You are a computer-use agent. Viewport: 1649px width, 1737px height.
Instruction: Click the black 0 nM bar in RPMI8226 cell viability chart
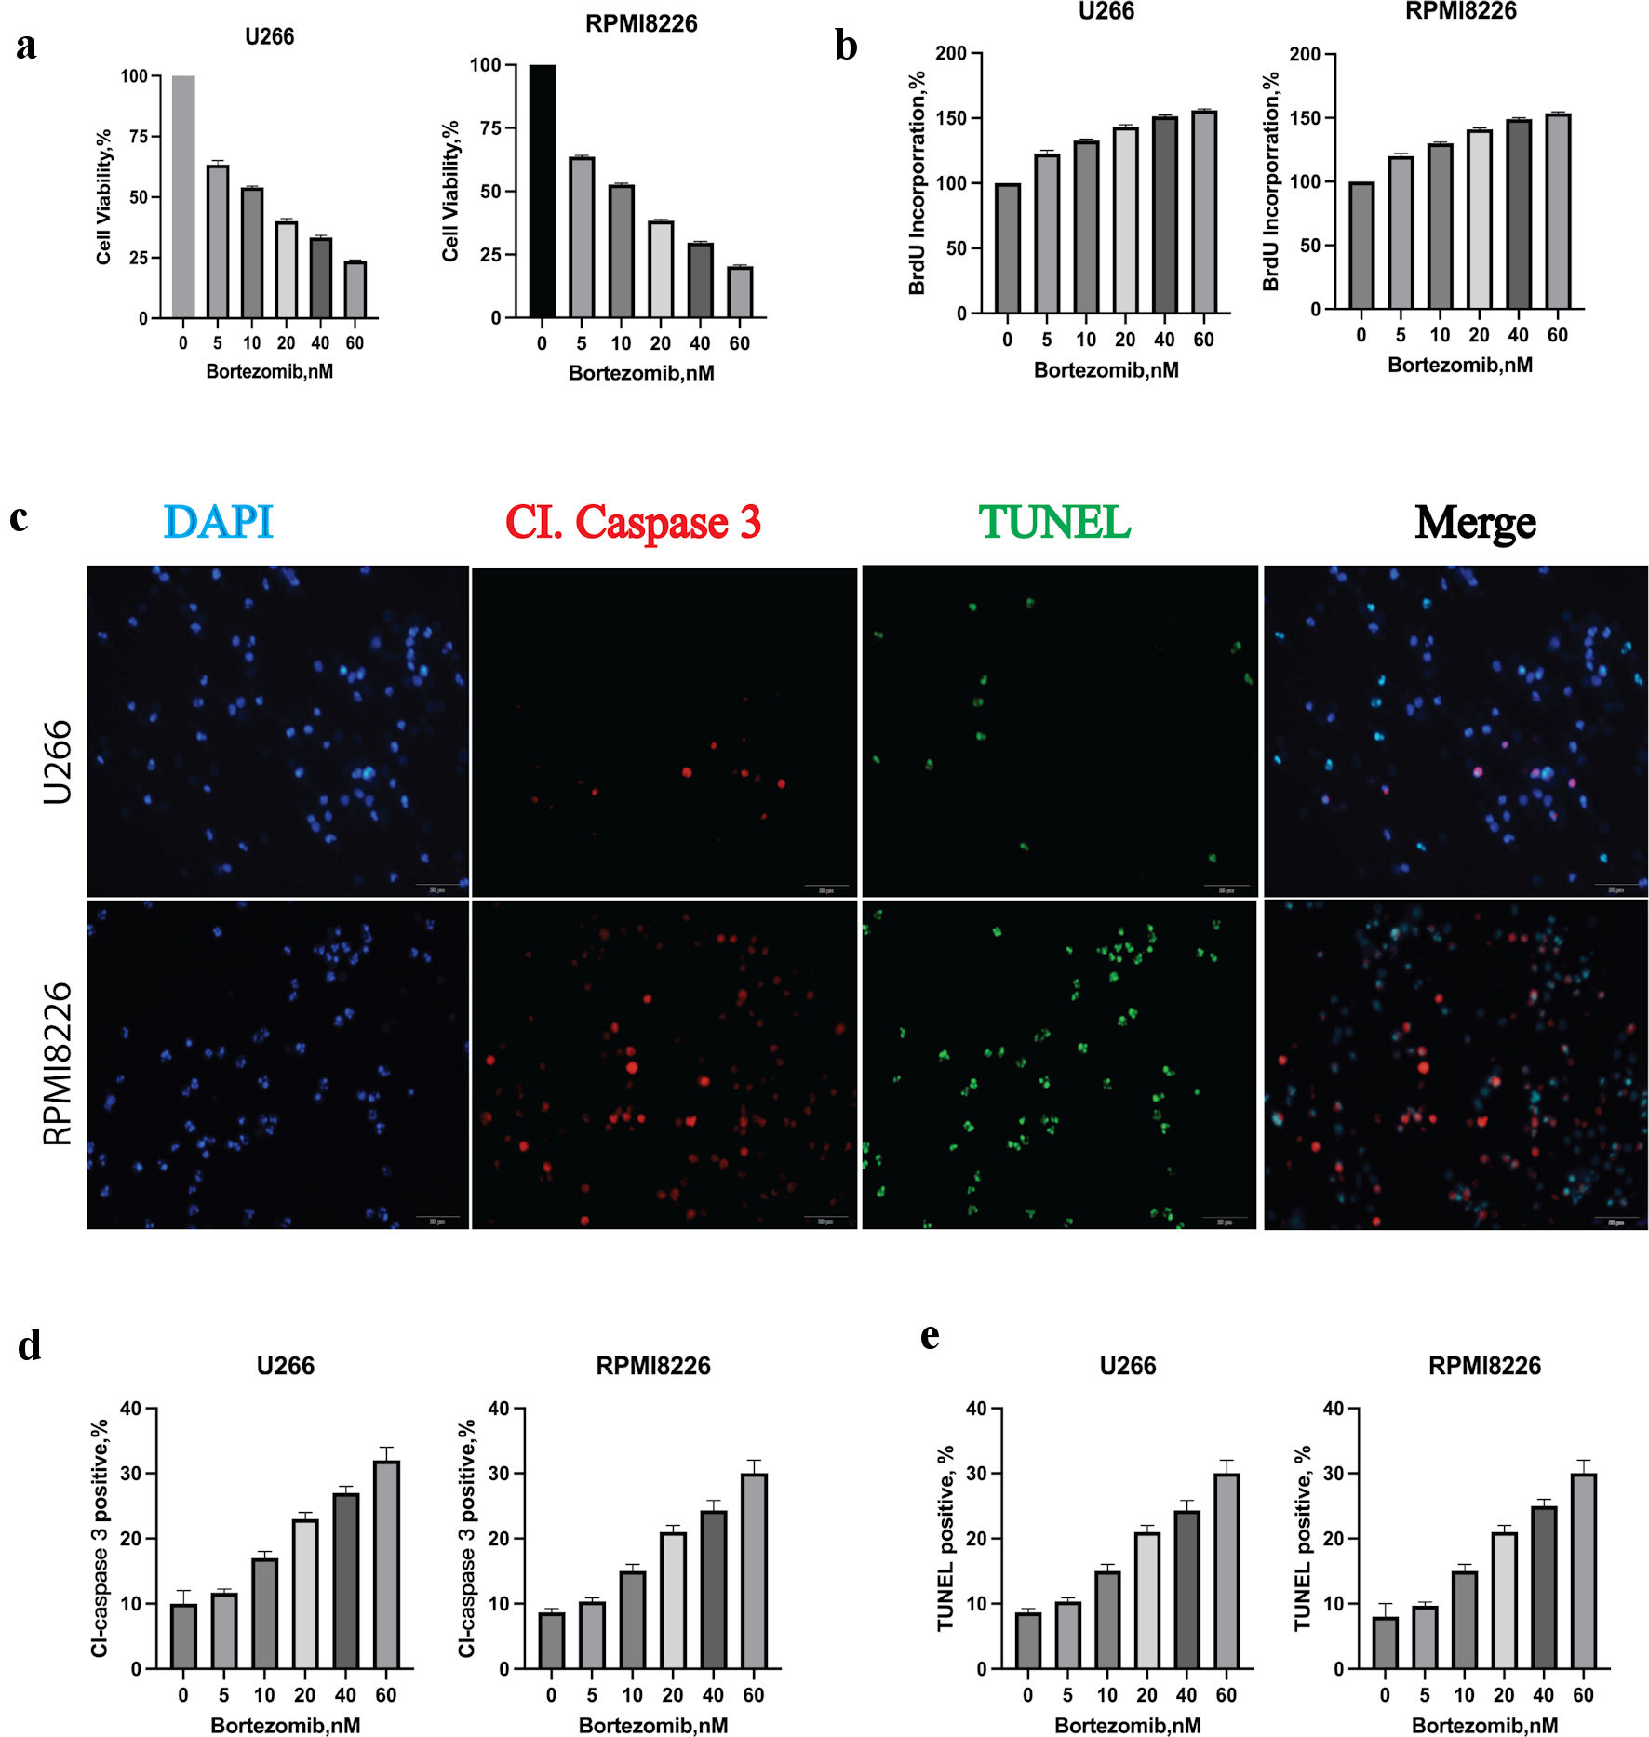point(542,191)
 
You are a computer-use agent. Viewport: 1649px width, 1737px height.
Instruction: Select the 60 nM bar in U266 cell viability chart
point(355,290)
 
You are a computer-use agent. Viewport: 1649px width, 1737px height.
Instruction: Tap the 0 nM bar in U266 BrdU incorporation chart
point(1007,248)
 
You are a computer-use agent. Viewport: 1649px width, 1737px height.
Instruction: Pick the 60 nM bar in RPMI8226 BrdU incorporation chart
point(1558,211)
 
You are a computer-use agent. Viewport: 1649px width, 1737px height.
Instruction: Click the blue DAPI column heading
point(218,522)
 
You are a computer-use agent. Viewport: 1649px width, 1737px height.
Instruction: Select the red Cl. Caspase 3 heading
point(633,522)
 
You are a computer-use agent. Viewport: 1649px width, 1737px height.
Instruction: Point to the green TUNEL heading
point(1054,522)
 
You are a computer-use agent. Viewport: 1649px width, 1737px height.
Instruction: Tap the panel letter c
point(19,517)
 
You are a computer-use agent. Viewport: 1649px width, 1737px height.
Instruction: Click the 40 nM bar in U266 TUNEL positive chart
point(1186,1589)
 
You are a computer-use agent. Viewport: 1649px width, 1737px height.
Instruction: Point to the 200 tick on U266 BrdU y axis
point(951,54)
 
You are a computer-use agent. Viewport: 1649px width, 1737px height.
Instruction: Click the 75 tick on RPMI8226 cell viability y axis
point(490,128)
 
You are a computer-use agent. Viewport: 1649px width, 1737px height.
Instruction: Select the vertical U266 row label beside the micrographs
point(58,761)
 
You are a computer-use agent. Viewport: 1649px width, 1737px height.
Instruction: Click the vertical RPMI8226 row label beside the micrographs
point(58,1062)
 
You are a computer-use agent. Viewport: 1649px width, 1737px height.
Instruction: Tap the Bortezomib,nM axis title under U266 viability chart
point(269,372)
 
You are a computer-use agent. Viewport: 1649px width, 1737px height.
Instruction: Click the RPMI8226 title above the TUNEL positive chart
point(1484,1366)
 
